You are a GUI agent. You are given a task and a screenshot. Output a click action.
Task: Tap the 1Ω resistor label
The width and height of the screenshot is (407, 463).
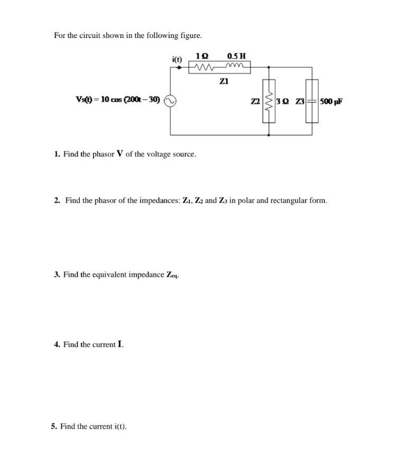pos(201,56)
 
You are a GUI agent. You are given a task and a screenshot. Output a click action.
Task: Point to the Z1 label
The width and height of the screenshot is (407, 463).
pos(224,82)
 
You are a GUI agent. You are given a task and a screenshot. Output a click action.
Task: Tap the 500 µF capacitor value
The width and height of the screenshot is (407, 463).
pos(331,101)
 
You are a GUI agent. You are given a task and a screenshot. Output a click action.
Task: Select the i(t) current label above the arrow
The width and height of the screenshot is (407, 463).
pos(177,60)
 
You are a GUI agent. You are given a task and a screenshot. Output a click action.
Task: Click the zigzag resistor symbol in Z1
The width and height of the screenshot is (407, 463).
pos(203,68)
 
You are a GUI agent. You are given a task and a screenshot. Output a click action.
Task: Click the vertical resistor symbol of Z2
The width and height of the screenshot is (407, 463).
pos(269,101)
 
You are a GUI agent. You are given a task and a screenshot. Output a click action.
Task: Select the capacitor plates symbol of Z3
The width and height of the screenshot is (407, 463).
pos(312,101)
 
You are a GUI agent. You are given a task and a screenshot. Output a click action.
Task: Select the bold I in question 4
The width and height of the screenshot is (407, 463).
pos(121,344)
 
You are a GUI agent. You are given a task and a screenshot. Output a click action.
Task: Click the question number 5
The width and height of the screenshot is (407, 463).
pos(54,426)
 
